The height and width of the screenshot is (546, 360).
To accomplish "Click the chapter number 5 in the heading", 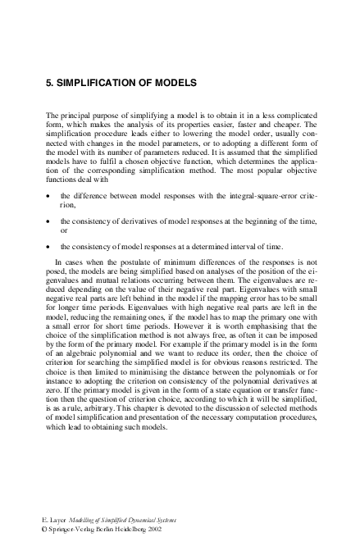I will pos(48,84).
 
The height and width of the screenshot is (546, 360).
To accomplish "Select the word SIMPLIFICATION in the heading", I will pos(97,84).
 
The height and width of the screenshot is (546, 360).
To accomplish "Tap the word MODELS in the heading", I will pos(173,84).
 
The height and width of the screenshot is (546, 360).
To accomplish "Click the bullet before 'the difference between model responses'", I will pos(51,197).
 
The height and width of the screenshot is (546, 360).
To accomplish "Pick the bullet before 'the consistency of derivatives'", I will pos(51,221).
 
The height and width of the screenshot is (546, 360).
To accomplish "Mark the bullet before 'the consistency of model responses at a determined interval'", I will pos(51,246).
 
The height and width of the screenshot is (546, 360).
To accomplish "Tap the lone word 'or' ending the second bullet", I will pos(65,230).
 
